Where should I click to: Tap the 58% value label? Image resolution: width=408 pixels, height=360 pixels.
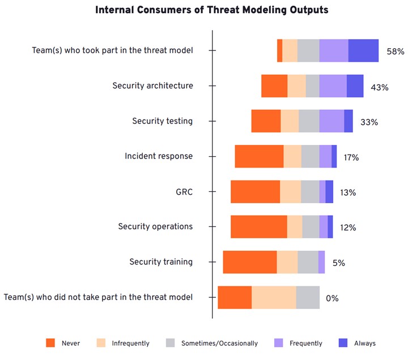(395, 52)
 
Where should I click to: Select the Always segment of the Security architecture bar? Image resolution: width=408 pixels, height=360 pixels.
(355, 86)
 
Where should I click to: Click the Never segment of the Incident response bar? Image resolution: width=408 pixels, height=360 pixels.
(259, 156)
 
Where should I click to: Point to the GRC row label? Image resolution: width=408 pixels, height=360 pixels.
(184, 192)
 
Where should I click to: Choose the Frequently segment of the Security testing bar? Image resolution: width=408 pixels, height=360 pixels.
(331, 121)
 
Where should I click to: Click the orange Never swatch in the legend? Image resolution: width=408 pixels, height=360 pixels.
(50, 343)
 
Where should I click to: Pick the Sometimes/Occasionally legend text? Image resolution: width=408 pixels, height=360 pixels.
(219, 343)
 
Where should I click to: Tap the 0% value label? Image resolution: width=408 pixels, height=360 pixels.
(332, 298)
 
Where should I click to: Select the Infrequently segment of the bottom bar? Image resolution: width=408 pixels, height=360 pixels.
(274, 298)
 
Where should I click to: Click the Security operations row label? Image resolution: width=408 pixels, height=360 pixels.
(155, 226)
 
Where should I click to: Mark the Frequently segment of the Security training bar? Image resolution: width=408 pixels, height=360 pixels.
(321, 262)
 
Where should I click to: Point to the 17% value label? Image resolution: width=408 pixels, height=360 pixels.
(351, 157)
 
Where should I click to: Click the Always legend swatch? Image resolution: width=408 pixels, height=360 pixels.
(343, 343)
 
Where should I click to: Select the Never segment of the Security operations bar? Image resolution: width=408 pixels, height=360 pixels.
(258, 227)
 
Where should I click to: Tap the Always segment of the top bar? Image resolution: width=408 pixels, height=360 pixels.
(363, 50)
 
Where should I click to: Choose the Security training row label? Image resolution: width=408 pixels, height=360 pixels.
(161, 262)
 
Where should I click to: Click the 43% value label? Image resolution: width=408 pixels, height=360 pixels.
(379, 87)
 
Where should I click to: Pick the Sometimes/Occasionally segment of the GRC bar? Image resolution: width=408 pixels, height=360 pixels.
(310, 192)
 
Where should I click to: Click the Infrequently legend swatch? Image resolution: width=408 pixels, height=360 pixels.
(101, 343)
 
